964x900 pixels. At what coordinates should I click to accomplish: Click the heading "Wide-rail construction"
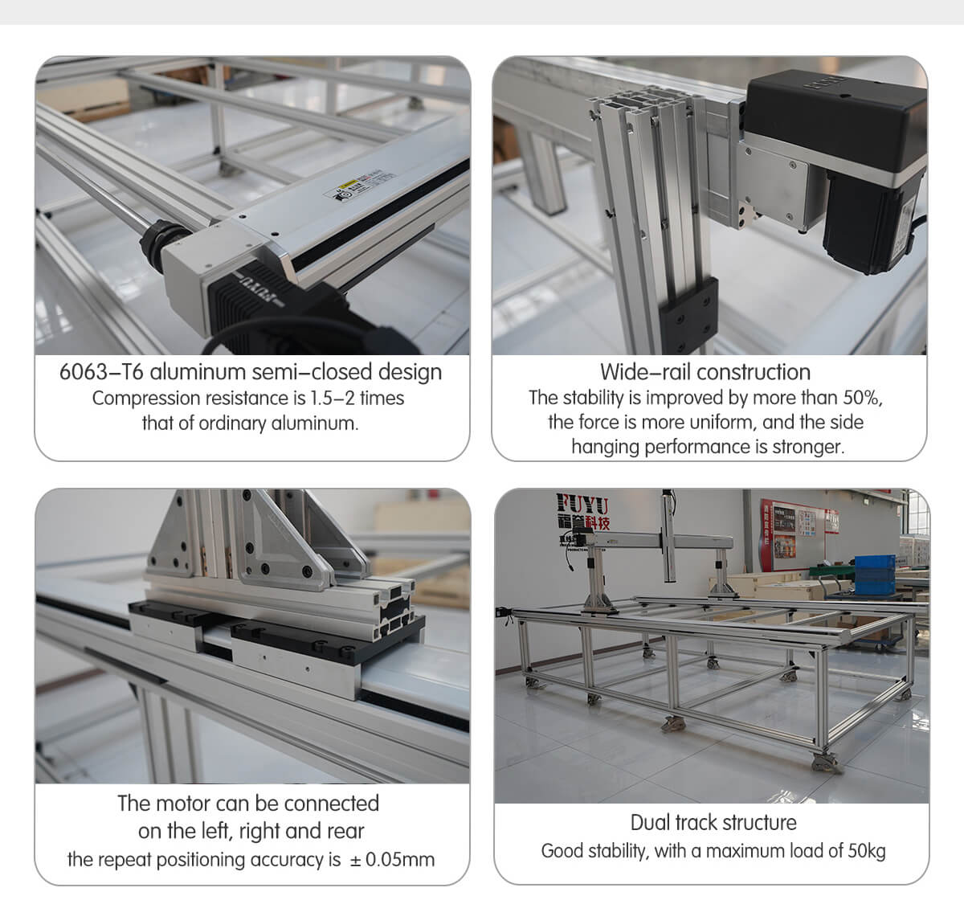(x=705, y=372)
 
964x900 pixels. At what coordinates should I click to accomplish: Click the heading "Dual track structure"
(x=713, y=822)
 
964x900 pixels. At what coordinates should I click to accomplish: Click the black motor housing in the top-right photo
(x=835, y=121)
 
